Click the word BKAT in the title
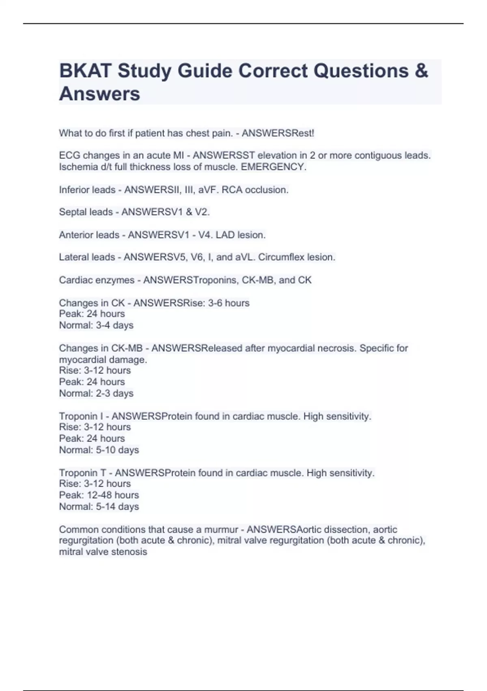point(85,71)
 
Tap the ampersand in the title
point(422,71)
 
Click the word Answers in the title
point(100,94)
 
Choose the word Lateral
point(75,257)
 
